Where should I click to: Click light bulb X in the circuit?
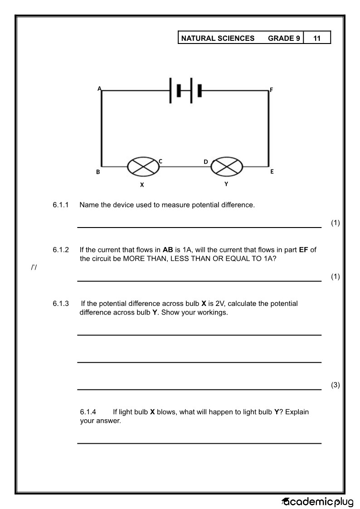(143, 166)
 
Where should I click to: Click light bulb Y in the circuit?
(227, 166)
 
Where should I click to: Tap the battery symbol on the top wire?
(185, 91)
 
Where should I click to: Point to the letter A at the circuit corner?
(99, 88)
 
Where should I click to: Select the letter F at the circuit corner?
(272, 90)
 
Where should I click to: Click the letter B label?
(98, 172)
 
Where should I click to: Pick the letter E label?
(272, 172)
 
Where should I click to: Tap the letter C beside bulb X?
(161, 161)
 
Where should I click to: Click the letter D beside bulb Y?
(206, 162)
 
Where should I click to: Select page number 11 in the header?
(317, 38)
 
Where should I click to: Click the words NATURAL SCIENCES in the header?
(218, 38)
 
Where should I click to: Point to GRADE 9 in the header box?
(284, 38)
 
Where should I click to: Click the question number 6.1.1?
(61, 205)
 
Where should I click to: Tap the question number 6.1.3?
(61, 304)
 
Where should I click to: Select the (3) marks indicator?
(335, 385)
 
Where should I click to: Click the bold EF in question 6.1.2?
(303, 250)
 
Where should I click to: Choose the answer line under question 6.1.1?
(199, 227)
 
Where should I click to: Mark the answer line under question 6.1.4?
(199, 443)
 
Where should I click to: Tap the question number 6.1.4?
(88, 412)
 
